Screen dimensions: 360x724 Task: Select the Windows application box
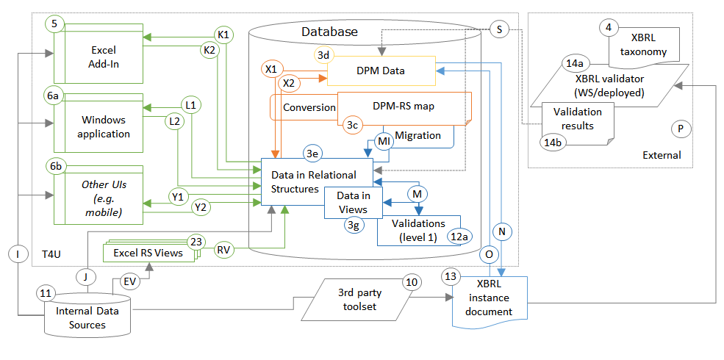pos(104,126)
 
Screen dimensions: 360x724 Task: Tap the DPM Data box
pos(381,71)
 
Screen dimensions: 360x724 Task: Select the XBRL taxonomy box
pos(644,46)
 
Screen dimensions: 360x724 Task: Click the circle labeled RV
pos(223,250)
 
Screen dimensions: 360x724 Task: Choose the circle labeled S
pos(499,29)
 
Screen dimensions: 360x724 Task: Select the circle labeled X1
pos(272,69)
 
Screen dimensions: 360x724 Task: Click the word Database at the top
pos(330,32)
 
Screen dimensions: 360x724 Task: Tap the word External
pos(661,156)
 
